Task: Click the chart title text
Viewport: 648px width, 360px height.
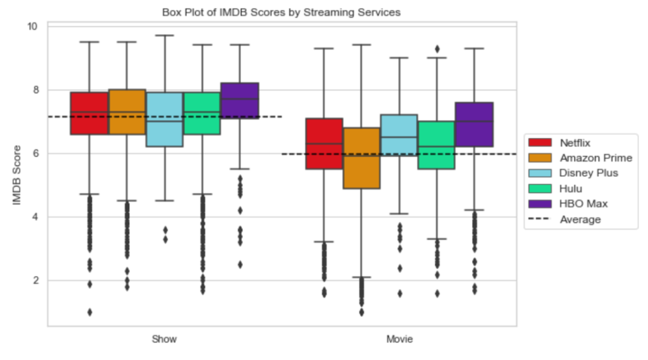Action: coord(281,12)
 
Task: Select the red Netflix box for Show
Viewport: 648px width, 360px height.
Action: coord(89,113)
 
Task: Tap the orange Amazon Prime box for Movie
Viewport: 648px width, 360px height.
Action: coord(361,158)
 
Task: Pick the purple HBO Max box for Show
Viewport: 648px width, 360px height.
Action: coord(240,101)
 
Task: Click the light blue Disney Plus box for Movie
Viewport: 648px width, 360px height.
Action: coord(399,135)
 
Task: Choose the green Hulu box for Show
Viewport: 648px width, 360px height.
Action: coord(202,113)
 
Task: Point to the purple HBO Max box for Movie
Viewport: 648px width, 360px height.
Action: coord(474,125)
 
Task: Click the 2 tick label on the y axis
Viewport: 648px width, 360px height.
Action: coord(35,280)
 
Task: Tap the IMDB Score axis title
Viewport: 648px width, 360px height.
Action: coord(18,175)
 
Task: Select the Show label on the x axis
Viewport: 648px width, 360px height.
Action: coord(165,340)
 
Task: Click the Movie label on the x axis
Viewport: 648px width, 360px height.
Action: coord(399,340)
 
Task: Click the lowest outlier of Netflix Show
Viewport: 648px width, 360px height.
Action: coord(89,312)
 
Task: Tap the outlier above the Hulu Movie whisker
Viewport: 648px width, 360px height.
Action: coord(437,49)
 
